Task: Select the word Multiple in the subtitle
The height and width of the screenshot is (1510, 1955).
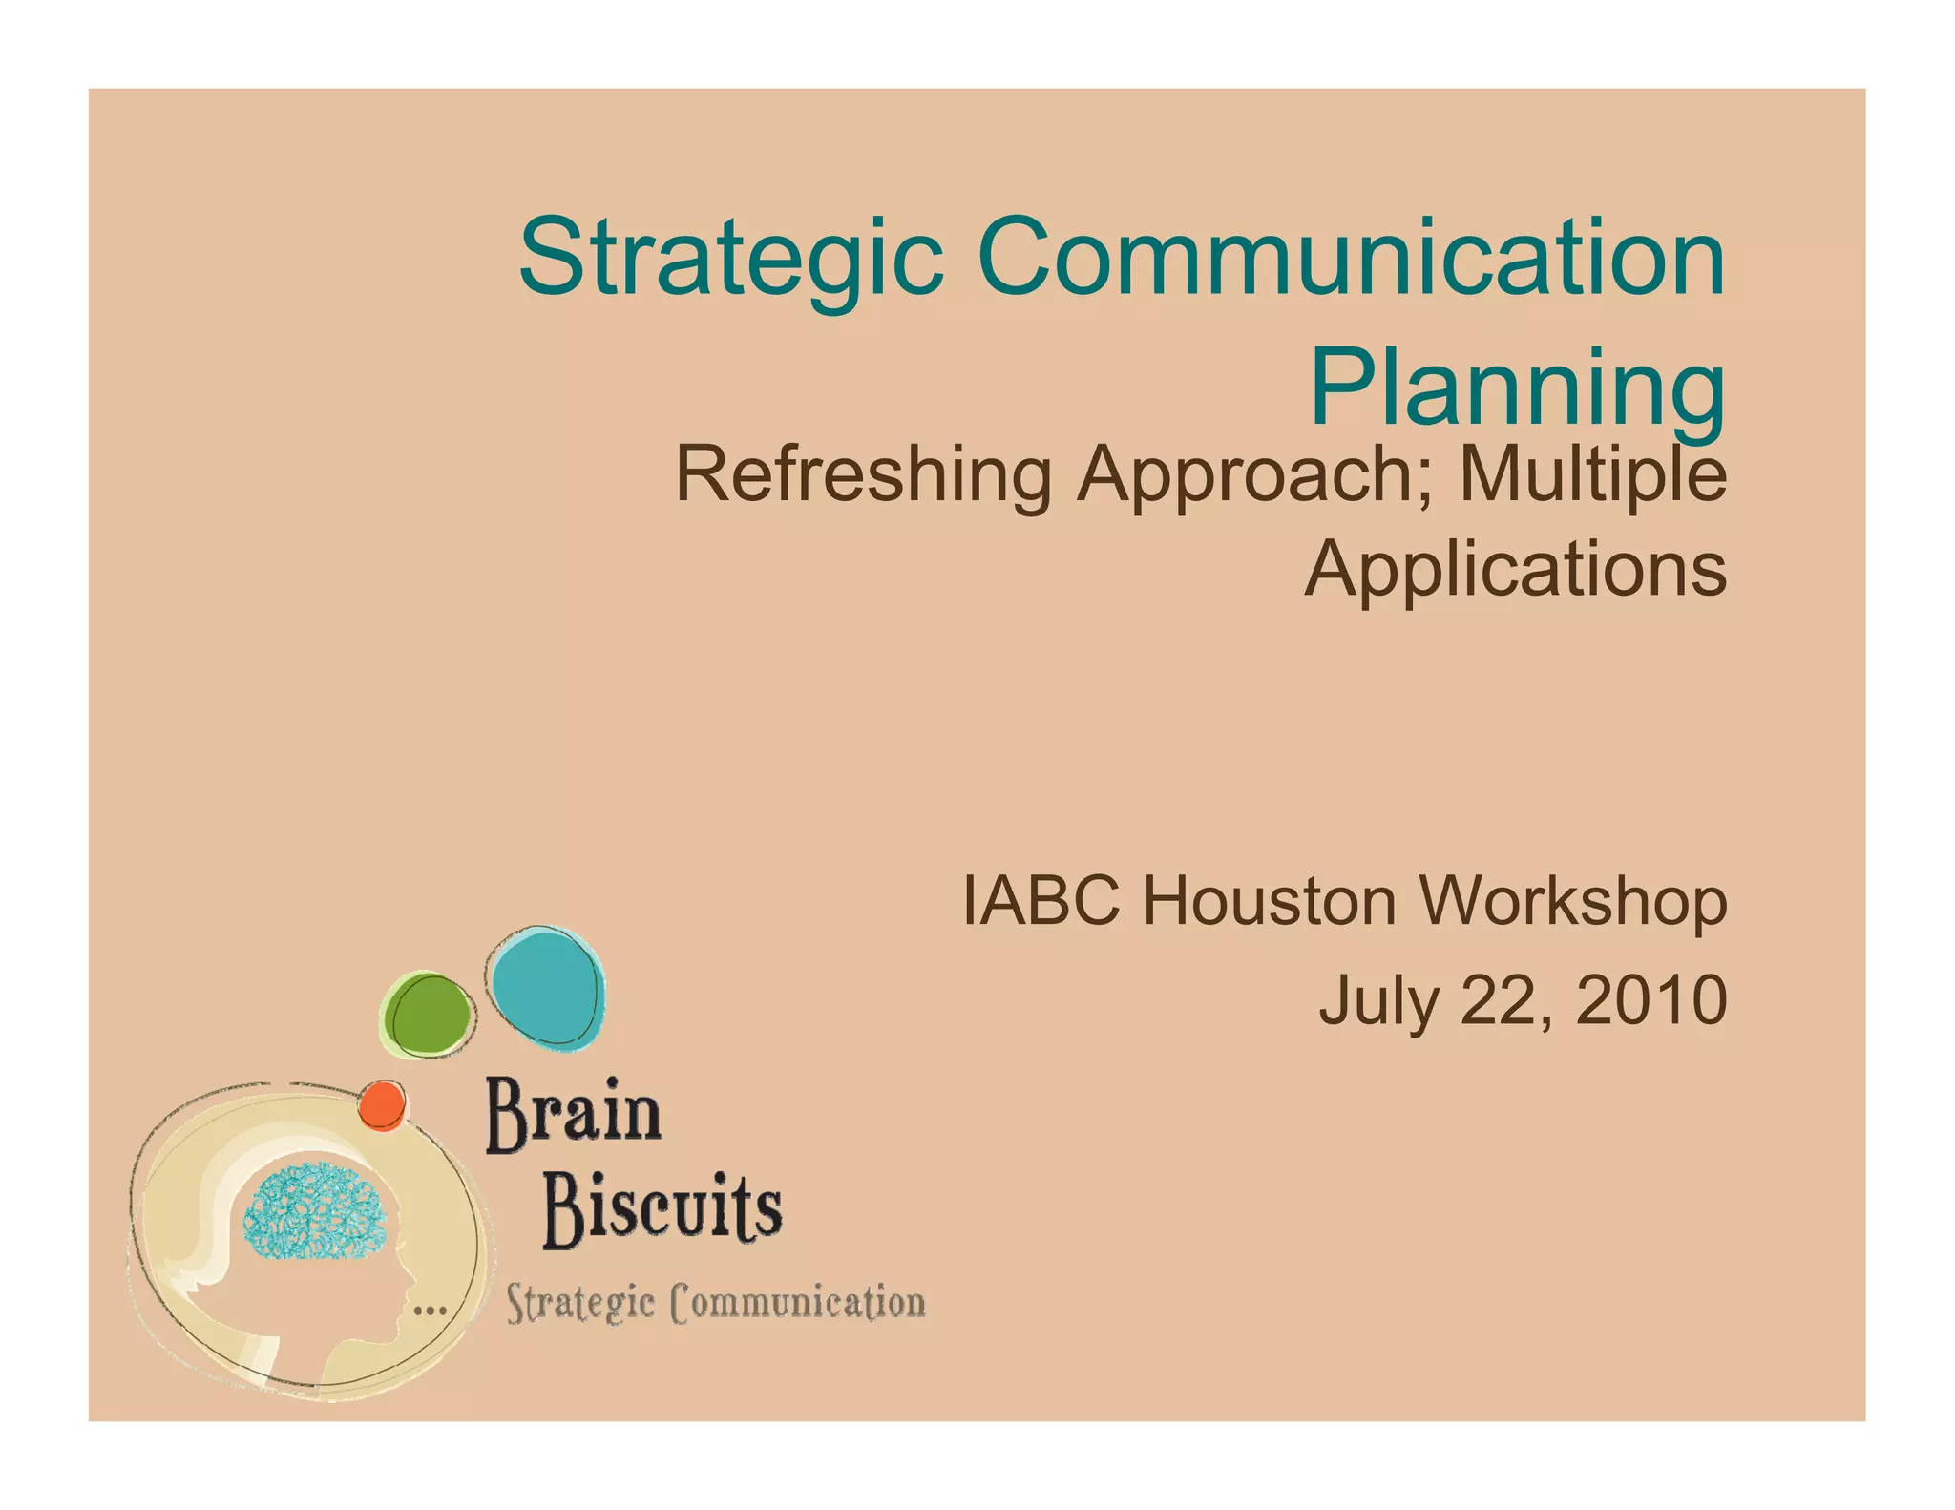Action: pos(1592,474)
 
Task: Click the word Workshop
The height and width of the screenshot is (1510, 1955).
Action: pos(1572,902)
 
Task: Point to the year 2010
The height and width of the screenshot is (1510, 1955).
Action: pos(1650,1000)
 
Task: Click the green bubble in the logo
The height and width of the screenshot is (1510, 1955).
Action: pos(428,1015)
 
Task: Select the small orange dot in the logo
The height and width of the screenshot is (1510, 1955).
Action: pos(382,1106)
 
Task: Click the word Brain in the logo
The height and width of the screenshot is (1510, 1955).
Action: pos(573,1114)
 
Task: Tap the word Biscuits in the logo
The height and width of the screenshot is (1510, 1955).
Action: pos(662,1210)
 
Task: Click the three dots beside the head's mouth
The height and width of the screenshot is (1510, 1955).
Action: pos(430,1310)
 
